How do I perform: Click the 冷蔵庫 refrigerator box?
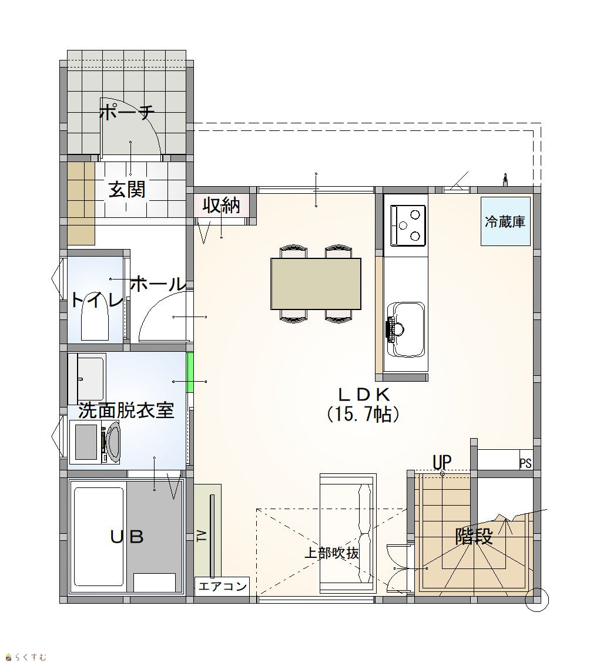(x=505, y=221)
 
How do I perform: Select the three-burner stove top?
(x=407, y=225)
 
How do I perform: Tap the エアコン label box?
(x=222, y=587)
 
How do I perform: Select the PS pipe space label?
(x=525, y=463)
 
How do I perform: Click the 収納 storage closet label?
(x=222, y=206)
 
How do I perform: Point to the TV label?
(x=202, y=536)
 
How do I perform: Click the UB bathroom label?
(x=127, y=537)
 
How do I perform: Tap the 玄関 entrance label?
(x=127, y=189)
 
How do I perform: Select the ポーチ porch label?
(x=126, y=112)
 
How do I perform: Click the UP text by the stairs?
(x=442, y=463)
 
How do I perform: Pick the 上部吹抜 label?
(x=332, y=553)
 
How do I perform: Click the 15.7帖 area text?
(x=363, y=415)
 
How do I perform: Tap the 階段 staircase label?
(x=474, y=537)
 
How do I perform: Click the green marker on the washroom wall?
(x=190, y=372)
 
